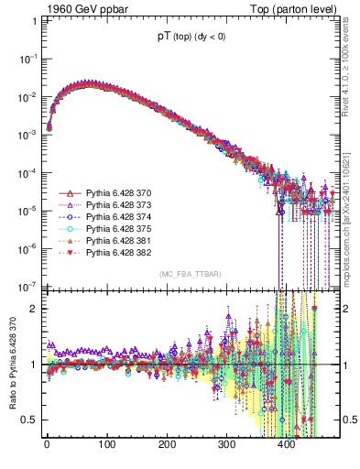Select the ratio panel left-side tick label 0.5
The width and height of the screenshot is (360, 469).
click(x=27, y=420)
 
